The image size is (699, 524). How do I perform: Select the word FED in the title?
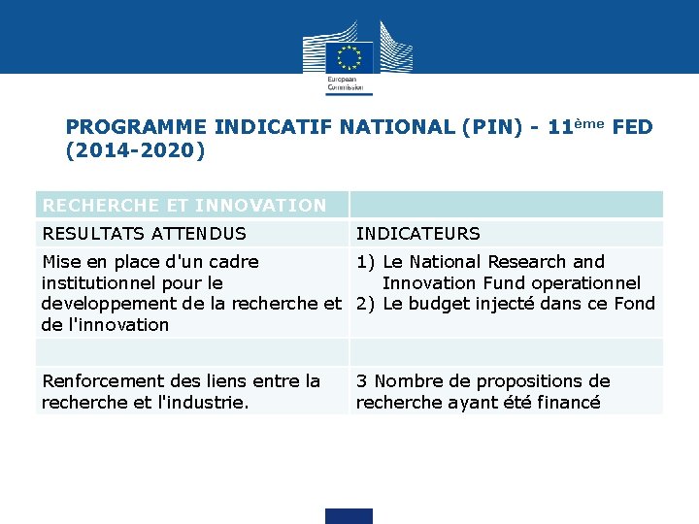click(633, 127)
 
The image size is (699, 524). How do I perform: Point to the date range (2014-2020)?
click(135, 150)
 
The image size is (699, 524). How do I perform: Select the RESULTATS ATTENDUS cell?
click(144, 234)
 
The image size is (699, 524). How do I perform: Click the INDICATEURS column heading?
click(417, 234)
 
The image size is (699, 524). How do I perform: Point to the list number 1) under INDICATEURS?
click(366, 262)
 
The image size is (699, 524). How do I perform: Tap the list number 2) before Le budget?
click(366, 304)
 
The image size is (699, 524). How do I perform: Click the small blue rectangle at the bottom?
click(349, 516)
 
